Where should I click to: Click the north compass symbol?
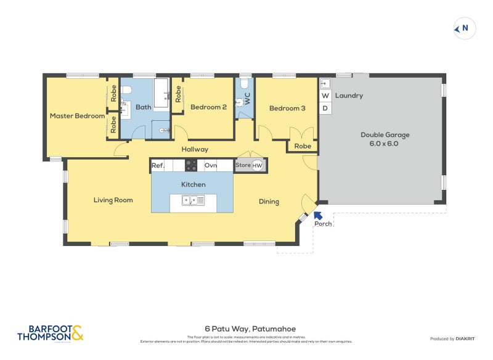pyautogui.click(x=463, y=28)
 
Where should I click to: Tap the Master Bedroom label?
pyautogui.click(x=77, y=116)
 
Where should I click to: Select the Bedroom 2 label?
pyautogui.click(x=208, y=107)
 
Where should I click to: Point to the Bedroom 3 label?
pyautogui.click(x=287, y=108)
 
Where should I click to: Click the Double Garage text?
pyautogui.click(x=385, y=135)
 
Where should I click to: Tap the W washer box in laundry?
pyautogui.click(x=325, y=96)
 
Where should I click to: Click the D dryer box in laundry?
pyautogui.click(x=325, y=108)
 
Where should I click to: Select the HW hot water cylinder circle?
pyautogui.click(x=258, y=165)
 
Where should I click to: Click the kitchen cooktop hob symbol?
pyautogui.click(x=191, y=165)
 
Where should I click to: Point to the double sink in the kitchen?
pyautogui.click(x=193, y=200)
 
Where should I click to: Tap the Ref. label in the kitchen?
pyautogui.click(x=158, y=165)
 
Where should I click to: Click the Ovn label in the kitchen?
pyautogui.click(x=211, y=165)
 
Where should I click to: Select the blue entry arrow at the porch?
pyautogui.click(x=318, y=215)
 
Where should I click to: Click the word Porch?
pyautogui.click(x=323, y=224)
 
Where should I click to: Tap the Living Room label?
pyautogui.click(x=113, y=200)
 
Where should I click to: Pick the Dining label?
pyautogui.click(x=269, y=202)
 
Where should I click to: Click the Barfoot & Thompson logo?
pyautogui.click(x=50, y=333)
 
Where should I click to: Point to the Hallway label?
pyautogui.click(x=195, y=149)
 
